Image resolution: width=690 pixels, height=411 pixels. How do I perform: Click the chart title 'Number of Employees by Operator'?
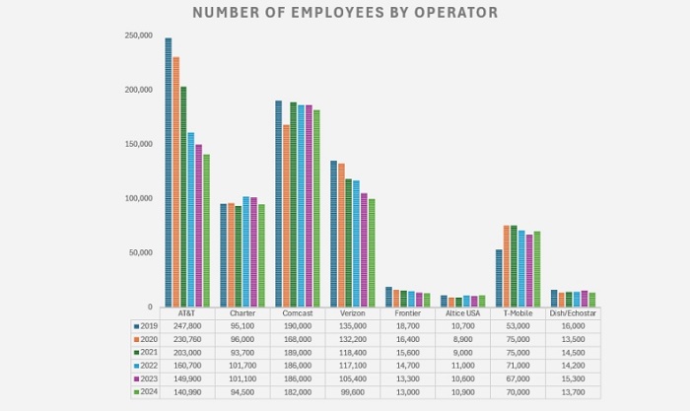(344, 13)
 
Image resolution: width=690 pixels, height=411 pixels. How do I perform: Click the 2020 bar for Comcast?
(286, 216)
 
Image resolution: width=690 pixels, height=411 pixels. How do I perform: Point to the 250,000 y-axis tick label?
(138, 35)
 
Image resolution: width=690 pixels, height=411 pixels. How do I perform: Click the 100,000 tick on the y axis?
(138, 198)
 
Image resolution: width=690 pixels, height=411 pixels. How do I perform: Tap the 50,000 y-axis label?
(140, 252)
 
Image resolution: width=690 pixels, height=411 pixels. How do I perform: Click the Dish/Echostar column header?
(572, 312)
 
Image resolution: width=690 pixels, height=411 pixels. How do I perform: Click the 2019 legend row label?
(149, 324)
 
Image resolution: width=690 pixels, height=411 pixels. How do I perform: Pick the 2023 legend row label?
(149, 378)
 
